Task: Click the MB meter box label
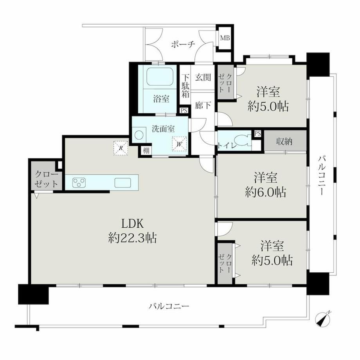225,38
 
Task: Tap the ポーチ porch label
183,44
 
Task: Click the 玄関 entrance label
203,77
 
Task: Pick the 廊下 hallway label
203,105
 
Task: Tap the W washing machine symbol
179,144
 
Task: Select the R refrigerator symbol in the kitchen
121,148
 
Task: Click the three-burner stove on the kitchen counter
79,183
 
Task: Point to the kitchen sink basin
123,183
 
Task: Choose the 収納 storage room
285,141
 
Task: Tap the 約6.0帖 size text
266,192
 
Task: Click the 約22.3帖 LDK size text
133,238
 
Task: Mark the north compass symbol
322,319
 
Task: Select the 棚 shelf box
146,151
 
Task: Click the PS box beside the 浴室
184,110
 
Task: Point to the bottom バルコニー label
169,306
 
